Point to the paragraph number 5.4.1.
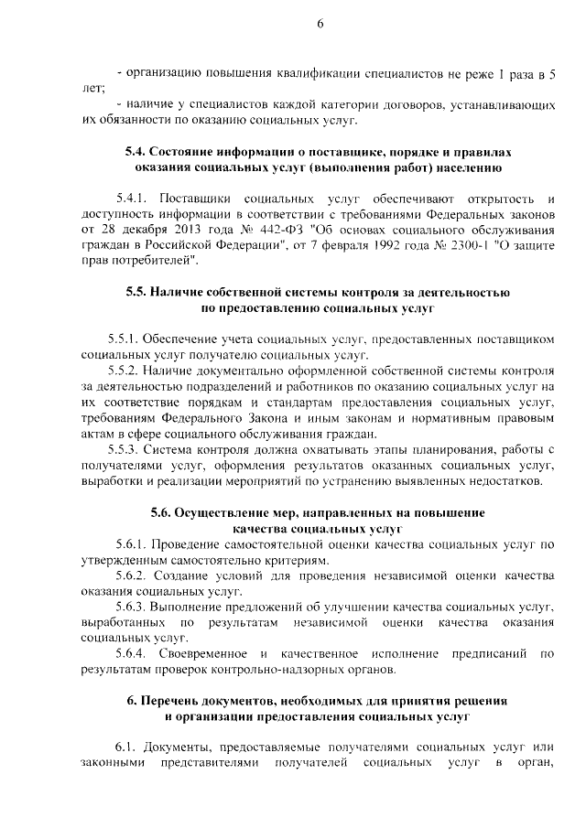tap(133, 199)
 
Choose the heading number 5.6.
tap(166, 512)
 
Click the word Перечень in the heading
tap(178, 701)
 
